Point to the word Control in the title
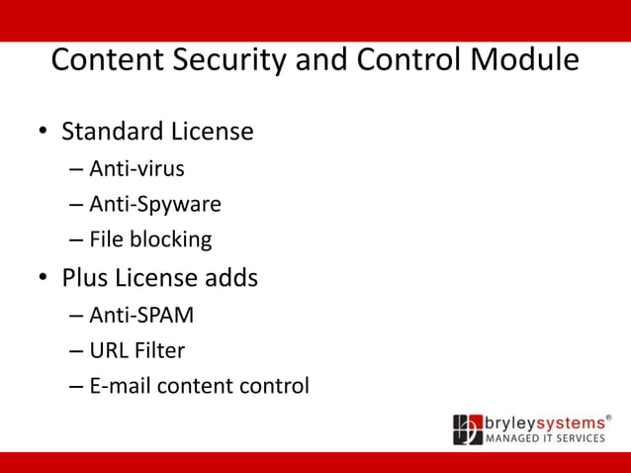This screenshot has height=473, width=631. [x=410, y=60]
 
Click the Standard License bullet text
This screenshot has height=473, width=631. [x=157, y=132]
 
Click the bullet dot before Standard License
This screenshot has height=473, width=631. [x=44, y=133]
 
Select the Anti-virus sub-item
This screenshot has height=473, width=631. [x=136, y=169]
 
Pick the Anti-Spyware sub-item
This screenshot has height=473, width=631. [x=154, y=205]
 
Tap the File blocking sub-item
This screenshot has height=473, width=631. [x=150, y=239]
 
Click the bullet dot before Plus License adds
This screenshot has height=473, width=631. [x=44, y=279]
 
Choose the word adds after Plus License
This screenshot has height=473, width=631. [x=230, y=278]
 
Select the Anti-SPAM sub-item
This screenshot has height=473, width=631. [x=141, y=316]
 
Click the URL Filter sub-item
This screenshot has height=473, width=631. [x=136, y=350]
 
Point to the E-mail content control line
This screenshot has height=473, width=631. [x=199, y=386]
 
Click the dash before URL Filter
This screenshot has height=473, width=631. [x=76, y=351]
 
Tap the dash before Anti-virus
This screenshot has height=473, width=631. [x=76, y=170]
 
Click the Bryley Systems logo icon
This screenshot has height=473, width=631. [x=467, y=429]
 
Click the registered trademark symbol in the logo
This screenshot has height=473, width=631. [x=608, y=418]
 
